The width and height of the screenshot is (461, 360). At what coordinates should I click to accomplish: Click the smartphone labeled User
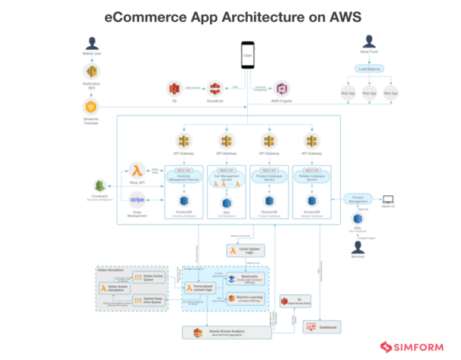point(246,54)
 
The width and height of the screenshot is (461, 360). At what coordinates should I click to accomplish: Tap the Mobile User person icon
point(92,43)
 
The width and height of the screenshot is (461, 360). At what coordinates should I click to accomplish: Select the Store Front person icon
point(368,43)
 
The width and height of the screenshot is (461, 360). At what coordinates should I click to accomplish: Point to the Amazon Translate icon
point(92,103)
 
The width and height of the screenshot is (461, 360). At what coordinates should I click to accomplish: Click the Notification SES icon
point(92,73)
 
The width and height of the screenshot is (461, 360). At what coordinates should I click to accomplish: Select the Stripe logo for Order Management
point(137,200)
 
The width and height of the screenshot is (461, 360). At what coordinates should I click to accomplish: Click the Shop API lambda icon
point(138,170)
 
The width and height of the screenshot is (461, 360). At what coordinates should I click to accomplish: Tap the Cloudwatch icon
point(98,186)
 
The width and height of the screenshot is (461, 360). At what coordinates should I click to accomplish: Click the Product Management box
point(359,198)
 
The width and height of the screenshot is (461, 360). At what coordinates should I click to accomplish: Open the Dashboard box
point(320,326)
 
